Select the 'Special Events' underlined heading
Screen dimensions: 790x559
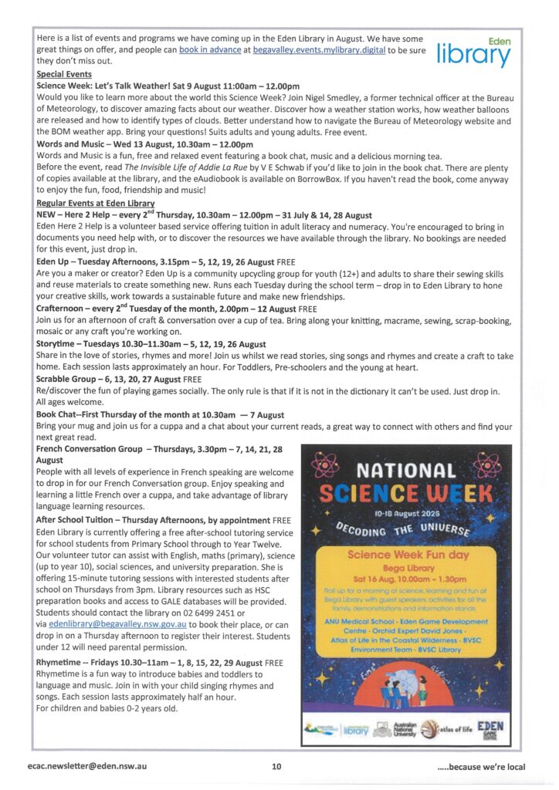coord(64,74)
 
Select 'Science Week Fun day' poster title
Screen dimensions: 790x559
coord(404,555)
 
